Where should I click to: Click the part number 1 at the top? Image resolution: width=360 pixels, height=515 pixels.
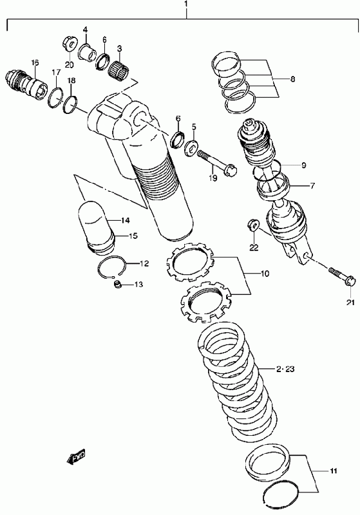click(x=186, y=5)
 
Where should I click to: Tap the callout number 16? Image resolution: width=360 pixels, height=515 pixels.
click(x=35, y=62)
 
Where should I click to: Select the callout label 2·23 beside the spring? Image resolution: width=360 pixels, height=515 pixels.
click(x=285, y=369)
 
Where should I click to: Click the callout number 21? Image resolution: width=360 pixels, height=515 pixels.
click(x=350, y=303)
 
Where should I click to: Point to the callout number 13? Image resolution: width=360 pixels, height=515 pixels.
click(x=138, y=284)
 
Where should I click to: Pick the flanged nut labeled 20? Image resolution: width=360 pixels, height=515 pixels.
click(x=70, y=44)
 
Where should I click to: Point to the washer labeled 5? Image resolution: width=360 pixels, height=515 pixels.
click(x=192, y=146)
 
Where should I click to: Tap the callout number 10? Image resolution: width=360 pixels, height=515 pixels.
click(x=265, y=273)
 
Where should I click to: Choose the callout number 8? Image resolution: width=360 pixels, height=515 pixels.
click(x=292, y=79)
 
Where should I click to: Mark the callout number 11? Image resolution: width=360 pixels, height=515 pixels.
click(x=334, y=471)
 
